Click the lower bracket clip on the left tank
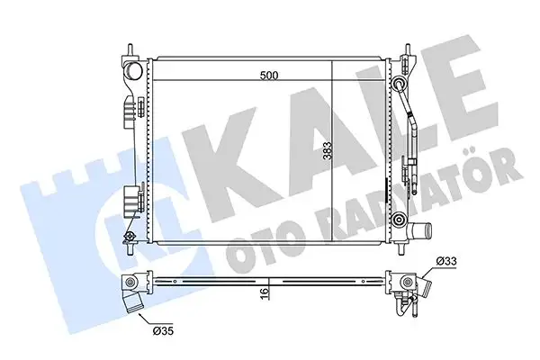[131, 200]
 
